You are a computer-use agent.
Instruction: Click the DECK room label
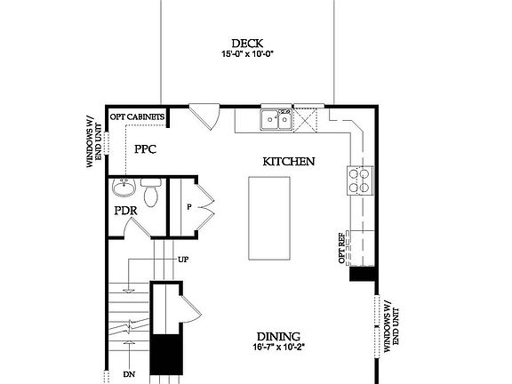click(247, 43)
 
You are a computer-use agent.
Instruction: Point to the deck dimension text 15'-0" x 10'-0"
click(247, 54)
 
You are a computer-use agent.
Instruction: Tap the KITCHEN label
click(289, 162)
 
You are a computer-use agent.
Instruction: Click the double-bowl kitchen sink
click(276, 119)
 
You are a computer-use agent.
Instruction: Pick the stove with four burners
click(360, 180)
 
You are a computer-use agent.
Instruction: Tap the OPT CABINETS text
click(136, 116)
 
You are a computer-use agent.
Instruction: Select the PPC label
click(145, 149)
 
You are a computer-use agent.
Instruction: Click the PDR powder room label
click(124, 212)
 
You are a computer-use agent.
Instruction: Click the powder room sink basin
click(124, 189)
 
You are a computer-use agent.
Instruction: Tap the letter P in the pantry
click(189, 206)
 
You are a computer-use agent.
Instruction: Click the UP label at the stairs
click(183, 260)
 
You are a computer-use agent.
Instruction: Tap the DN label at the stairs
click(129, 374)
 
